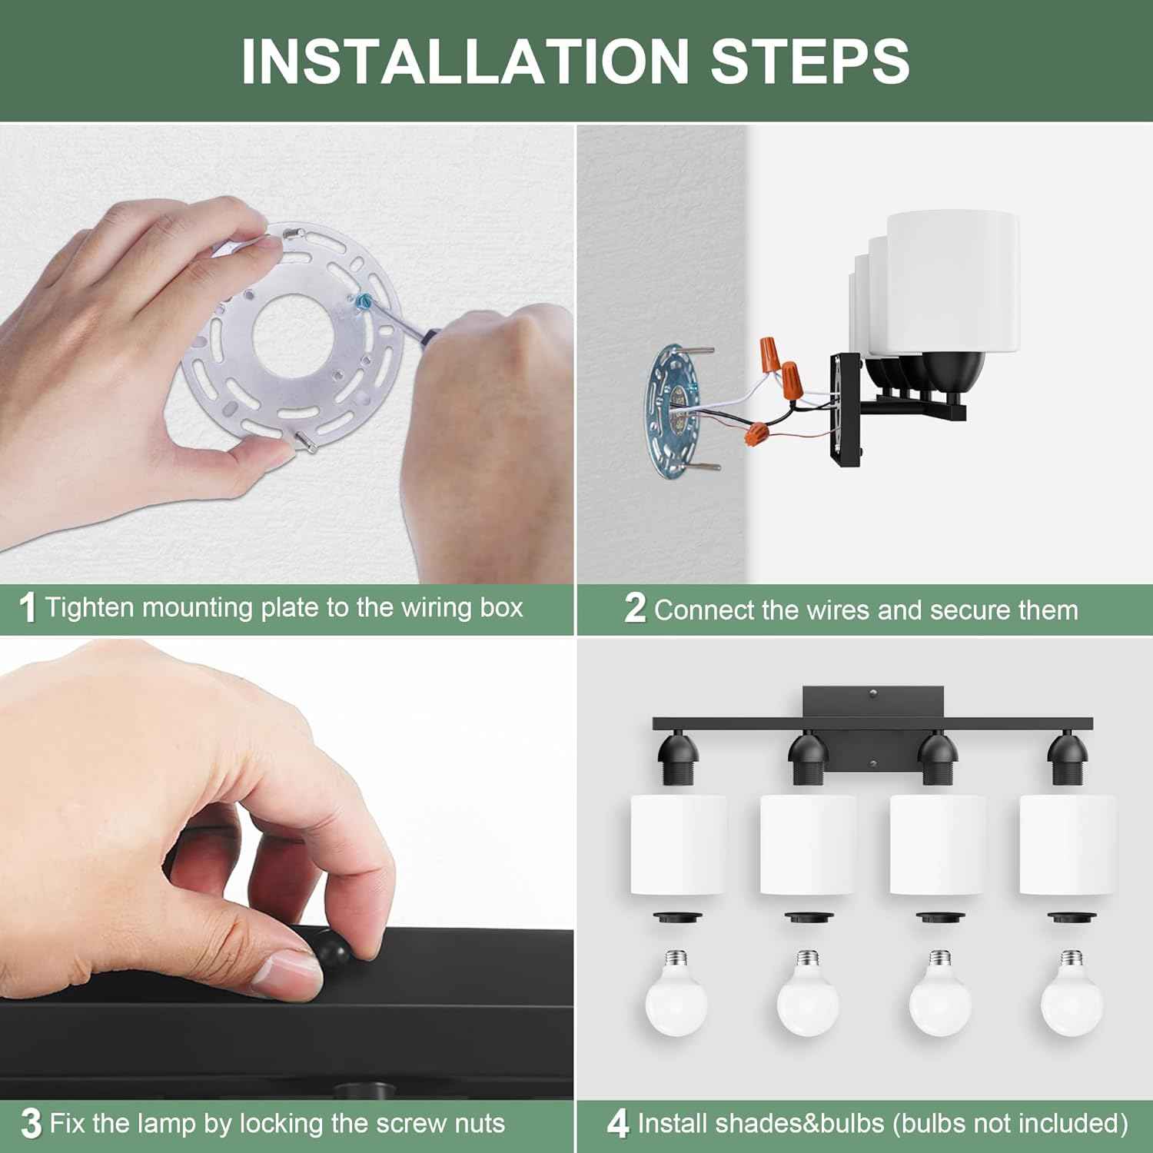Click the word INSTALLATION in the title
(x=465, y=61)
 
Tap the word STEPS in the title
(x=810, y=61)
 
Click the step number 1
(x=28, y=608)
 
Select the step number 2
(x=635, y=608)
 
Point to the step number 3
(x=31, y=1124)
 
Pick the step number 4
(x=618, y=1124)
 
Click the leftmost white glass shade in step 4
(x=678, y=845)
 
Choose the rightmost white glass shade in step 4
(x=1068, y=845)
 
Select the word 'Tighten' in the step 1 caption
(x=91, y=608)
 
